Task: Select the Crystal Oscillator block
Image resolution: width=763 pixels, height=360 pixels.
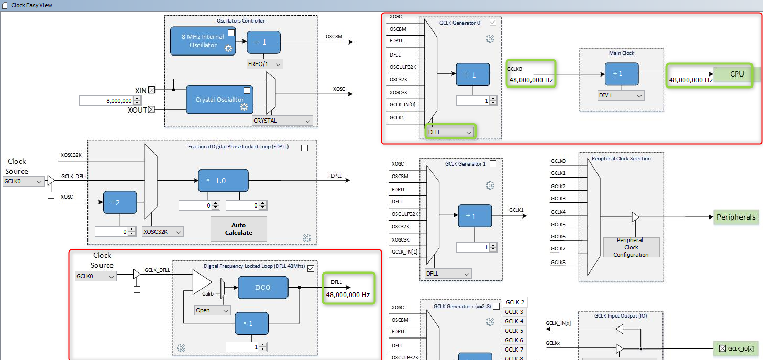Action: point(219,100)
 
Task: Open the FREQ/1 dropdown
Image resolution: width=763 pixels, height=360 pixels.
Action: point(264,64)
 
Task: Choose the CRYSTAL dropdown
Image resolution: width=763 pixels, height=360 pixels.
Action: point(282,121)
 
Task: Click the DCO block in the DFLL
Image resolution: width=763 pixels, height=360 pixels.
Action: point(263,288)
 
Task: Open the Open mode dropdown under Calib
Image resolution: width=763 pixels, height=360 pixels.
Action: point(212,310)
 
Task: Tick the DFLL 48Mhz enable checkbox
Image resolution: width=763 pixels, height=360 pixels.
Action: point(311,268)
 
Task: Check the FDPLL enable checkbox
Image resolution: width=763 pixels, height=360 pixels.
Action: point(304,148)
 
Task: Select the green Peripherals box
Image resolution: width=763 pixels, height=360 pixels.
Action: point(736,217)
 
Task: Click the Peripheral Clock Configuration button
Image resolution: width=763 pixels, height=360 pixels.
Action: point(631,247)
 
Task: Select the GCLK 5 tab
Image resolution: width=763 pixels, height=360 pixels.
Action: point(514,331)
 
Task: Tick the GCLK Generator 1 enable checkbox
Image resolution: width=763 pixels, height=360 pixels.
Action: point(493,164)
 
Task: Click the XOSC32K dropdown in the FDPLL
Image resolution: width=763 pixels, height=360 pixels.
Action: point(163,232)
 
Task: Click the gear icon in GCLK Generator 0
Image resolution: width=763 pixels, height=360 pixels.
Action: point(490,39)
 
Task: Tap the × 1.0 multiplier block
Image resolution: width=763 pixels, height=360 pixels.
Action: point(224,180)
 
